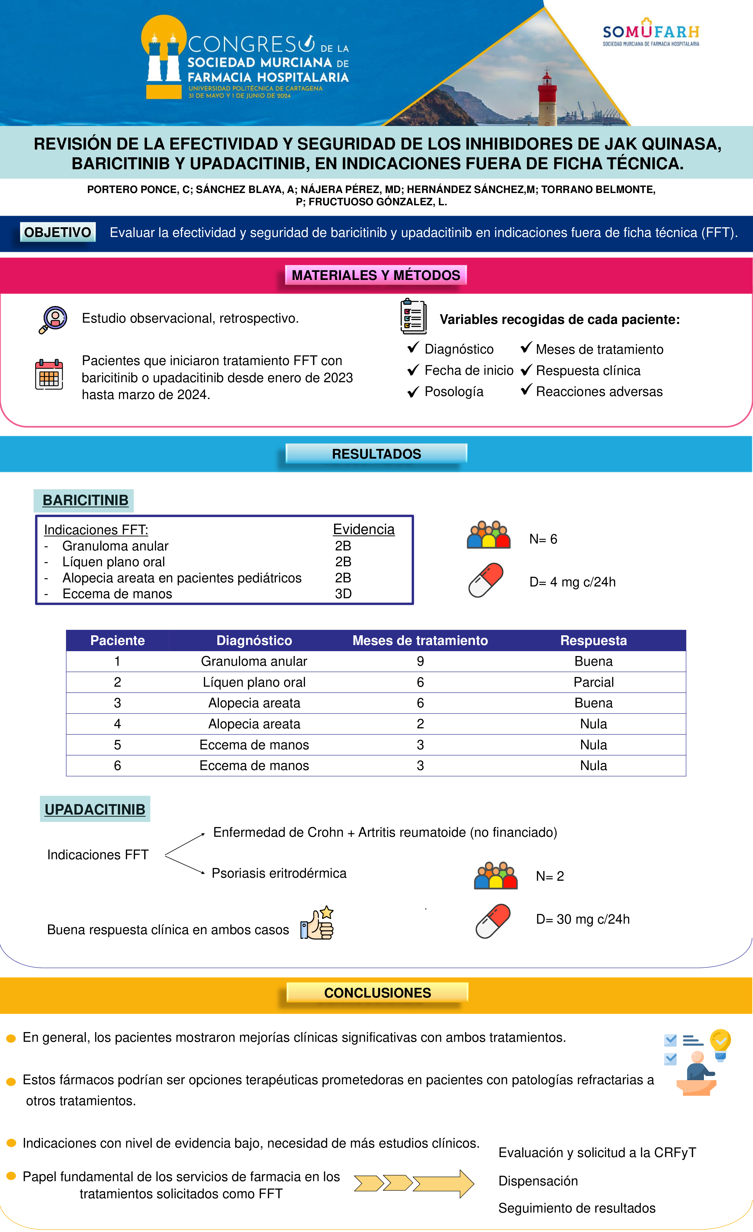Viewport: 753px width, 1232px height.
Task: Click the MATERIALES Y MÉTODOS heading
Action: tap(376, 275)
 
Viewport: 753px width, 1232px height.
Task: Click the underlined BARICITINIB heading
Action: tap(86, 500)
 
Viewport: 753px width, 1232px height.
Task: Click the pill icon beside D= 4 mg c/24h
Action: tap(486, 580)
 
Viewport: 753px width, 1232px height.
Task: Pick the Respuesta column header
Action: tap(593, 640)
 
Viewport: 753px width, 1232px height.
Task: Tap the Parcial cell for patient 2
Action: tap(593, 682)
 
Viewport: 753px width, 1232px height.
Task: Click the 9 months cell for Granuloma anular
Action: tap(420, 661)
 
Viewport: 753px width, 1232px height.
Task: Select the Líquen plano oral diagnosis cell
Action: tap(254, 682)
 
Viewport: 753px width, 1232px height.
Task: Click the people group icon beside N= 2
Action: tap(496, 876)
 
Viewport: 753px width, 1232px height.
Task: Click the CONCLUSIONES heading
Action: tap(377, 992)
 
